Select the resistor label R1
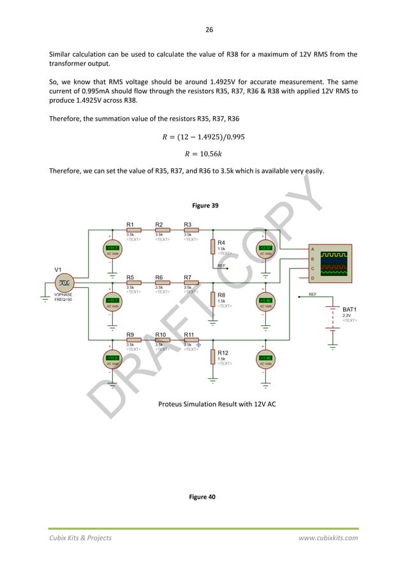tap(129, 225)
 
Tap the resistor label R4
tap(221, 242)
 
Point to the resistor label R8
tap(221, 295)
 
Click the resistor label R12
tap(223, 352)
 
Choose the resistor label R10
tap(161, 334)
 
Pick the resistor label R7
tap(188, 277)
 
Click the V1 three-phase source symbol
tap(64, 283)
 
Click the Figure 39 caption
tap(203, 205)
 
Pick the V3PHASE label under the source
tap(64, 295)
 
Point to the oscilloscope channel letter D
tap(312, 278)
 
